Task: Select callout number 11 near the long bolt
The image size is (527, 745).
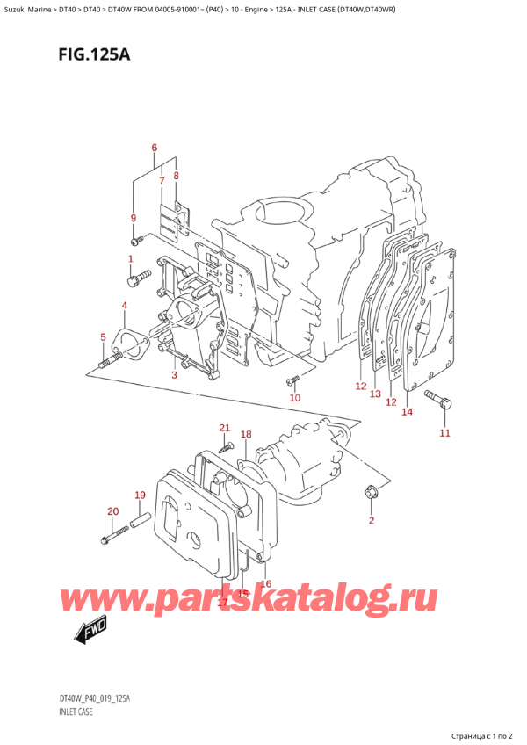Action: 444,432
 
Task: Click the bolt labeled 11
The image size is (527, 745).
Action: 441,401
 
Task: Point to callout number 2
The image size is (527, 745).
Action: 371,521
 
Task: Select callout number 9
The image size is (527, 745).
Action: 133,218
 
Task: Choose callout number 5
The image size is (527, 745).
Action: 103,336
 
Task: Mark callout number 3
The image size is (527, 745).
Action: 174,375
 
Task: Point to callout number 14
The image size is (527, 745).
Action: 406,411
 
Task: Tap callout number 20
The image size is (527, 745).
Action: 112,511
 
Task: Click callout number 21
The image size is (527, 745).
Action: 224,428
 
